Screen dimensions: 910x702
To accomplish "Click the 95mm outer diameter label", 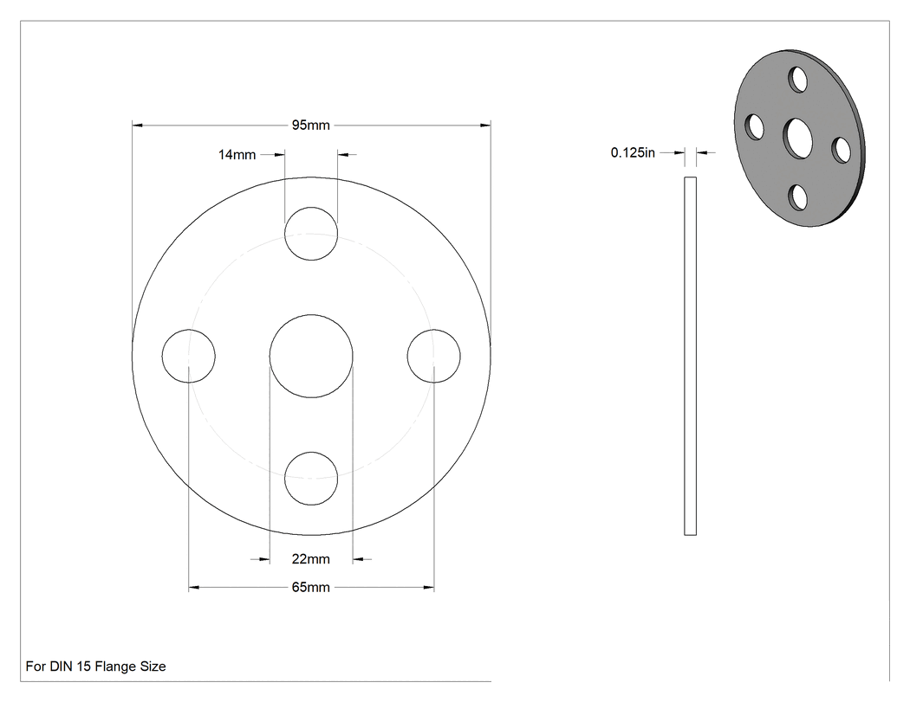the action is (x=310, y=126).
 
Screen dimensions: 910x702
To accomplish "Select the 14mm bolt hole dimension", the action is (x=237, y=155).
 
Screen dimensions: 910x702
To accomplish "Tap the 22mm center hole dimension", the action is (x=310, y=559).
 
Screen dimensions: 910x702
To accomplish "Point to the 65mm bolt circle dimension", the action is (x=310, y=587).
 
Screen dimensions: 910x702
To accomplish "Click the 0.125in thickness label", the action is (x=633, y=152).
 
